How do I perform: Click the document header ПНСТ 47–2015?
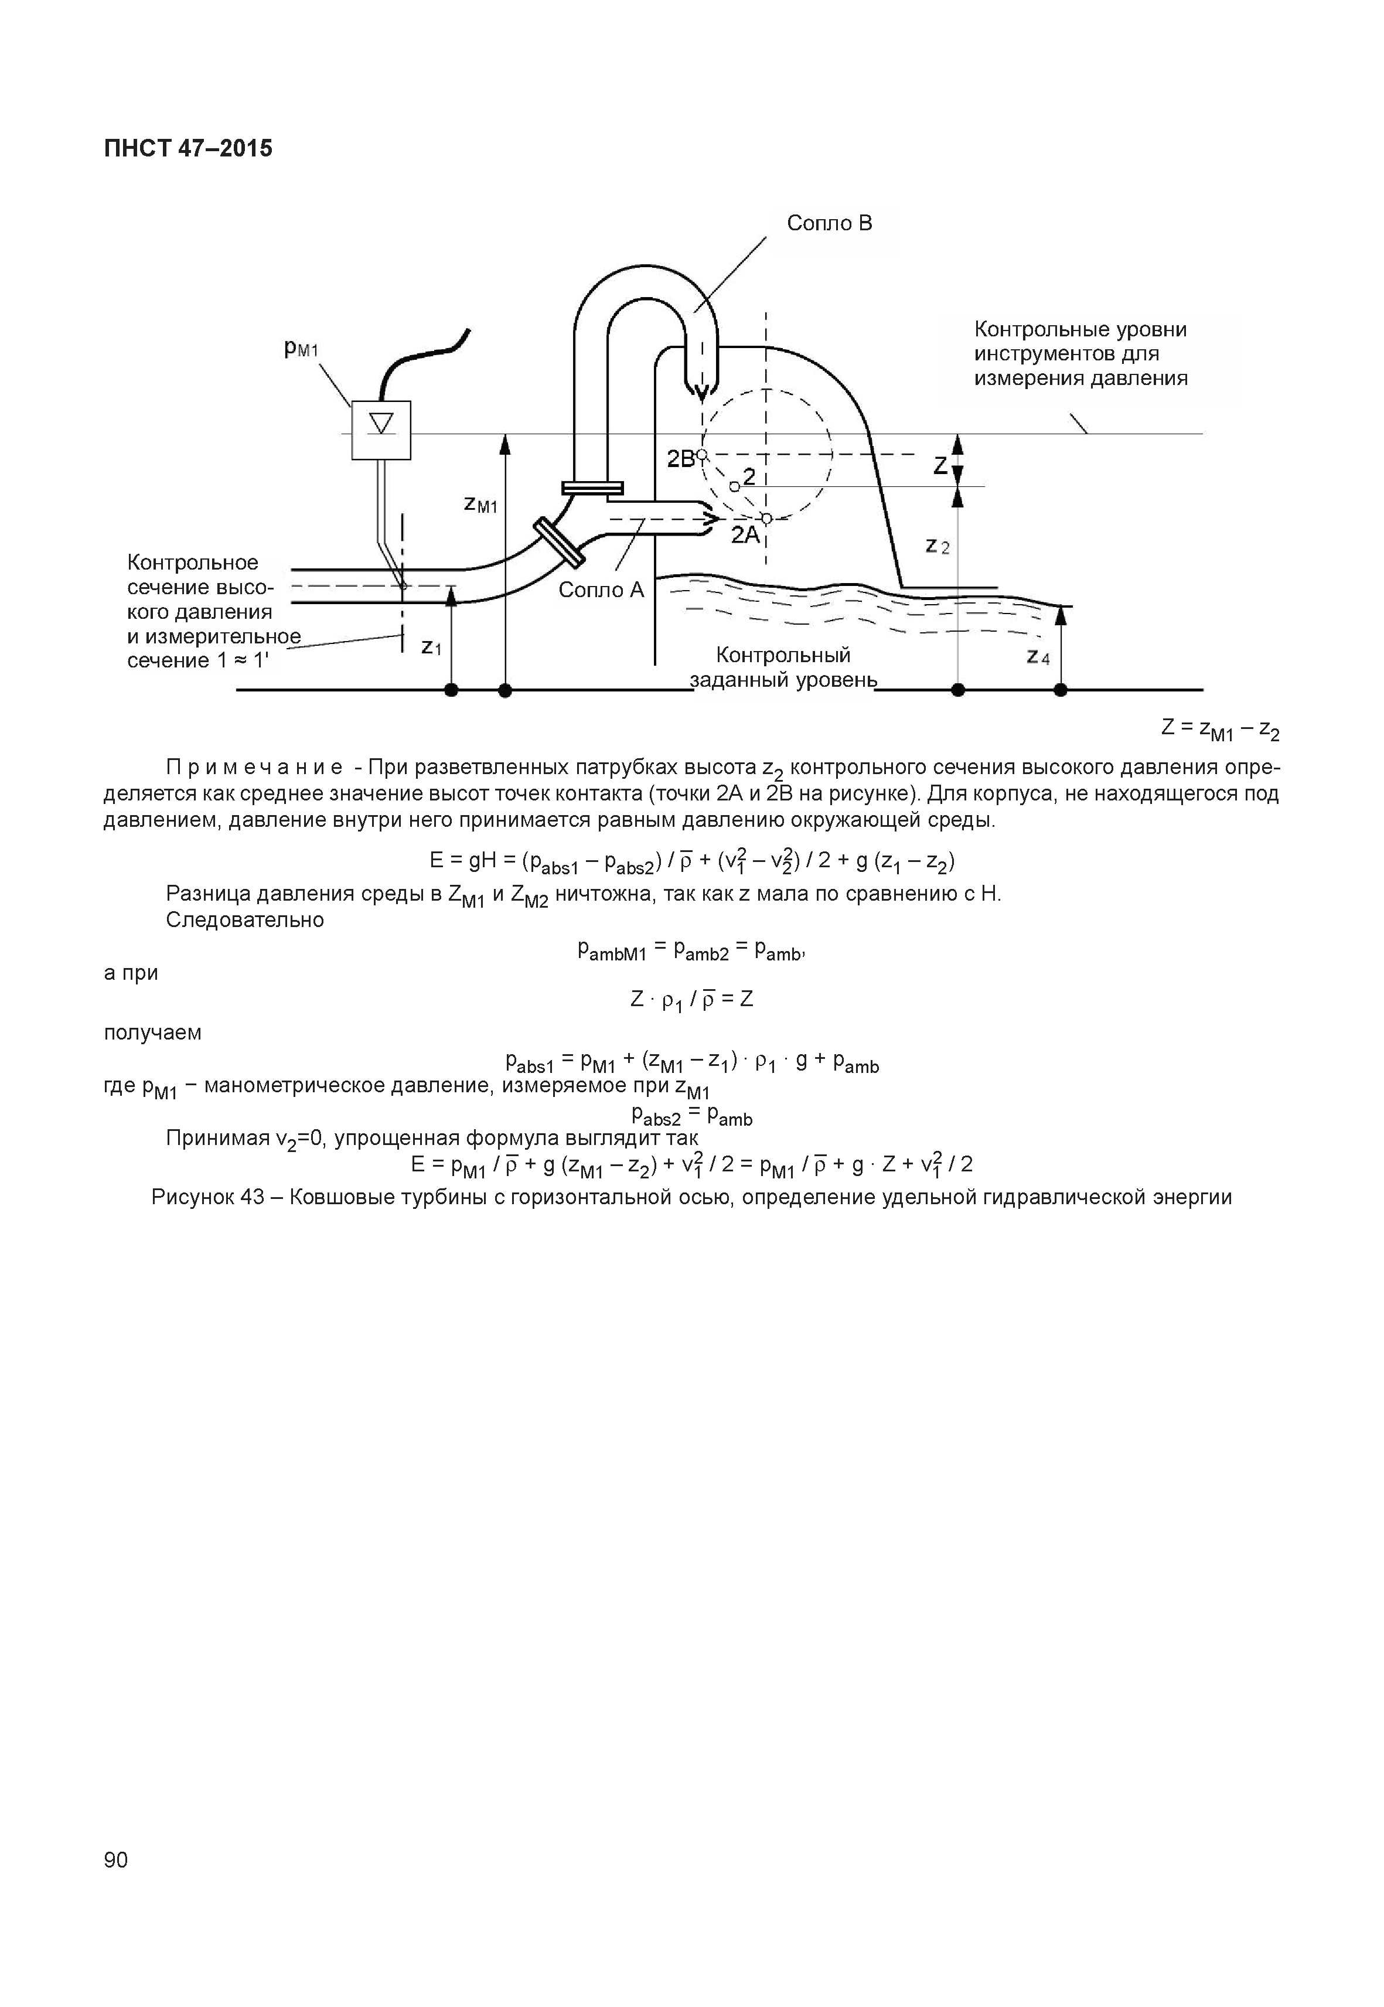[188, 148]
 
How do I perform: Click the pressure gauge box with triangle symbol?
[381, 430]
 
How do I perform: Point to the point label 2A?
[744, 535]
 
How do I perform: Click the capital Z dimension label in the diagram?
[940, 466]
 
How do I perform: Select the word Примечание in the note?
[255, 768]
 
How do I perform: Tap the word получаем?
[152, 1033]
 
